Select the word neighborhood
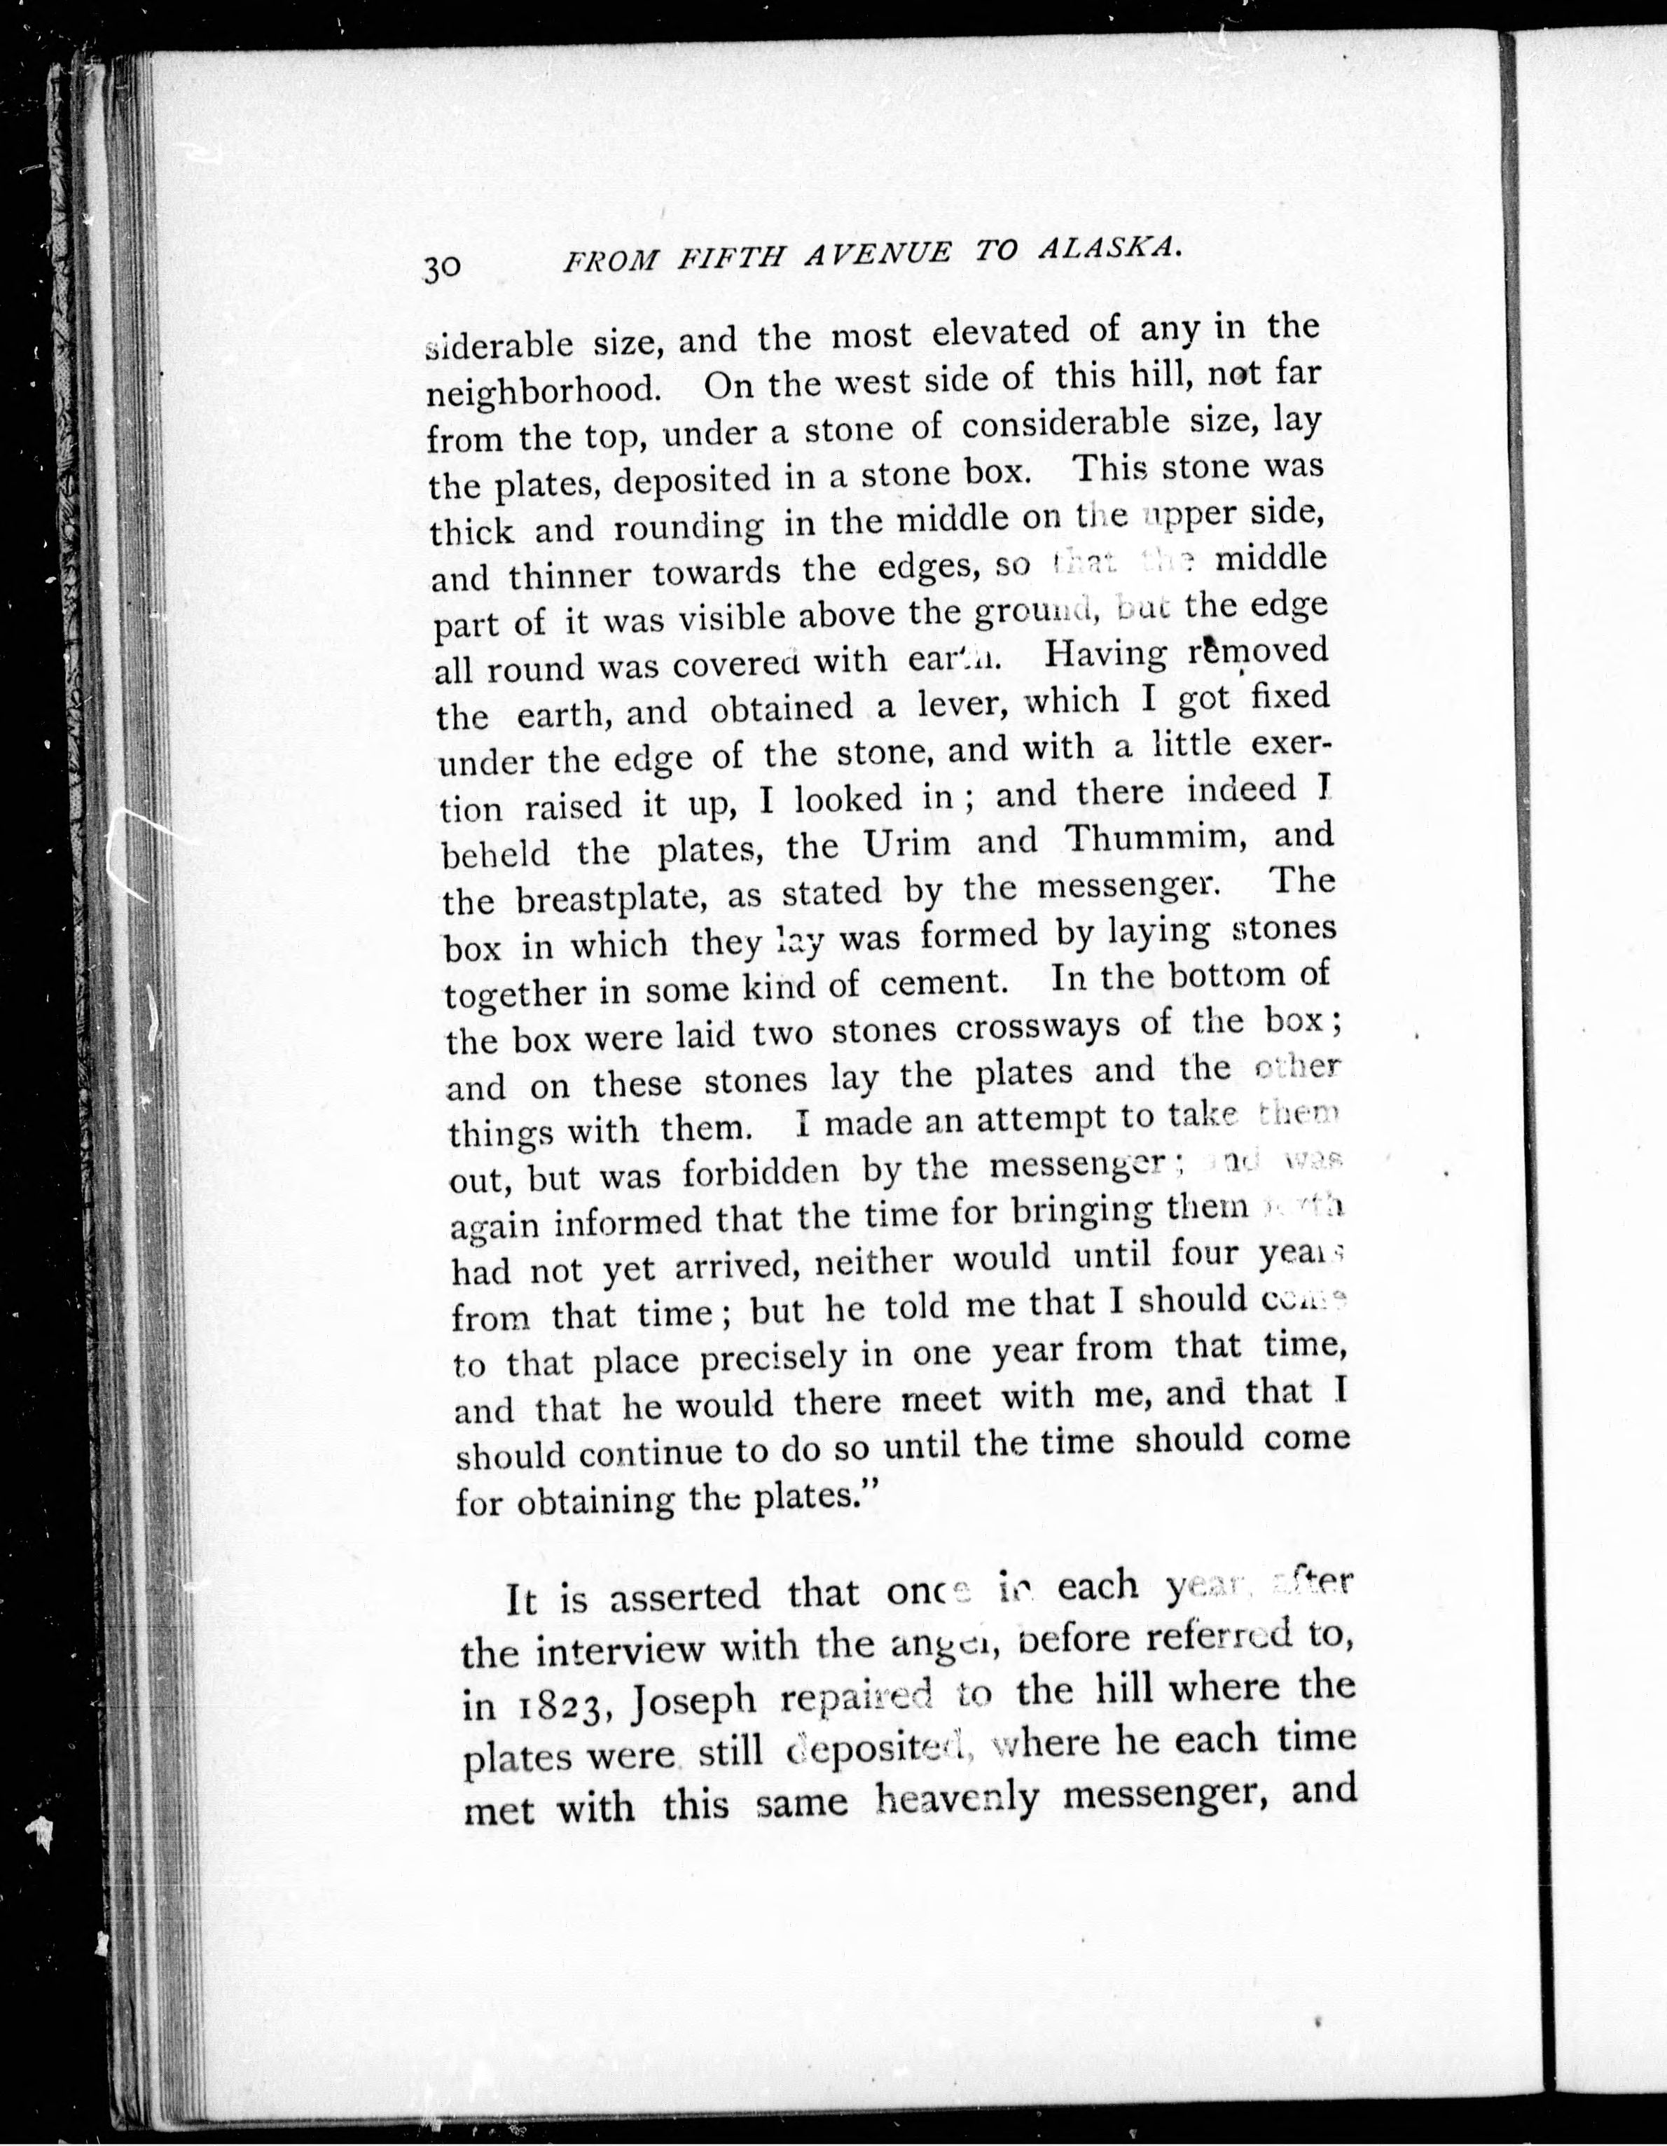coord(543,390)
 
